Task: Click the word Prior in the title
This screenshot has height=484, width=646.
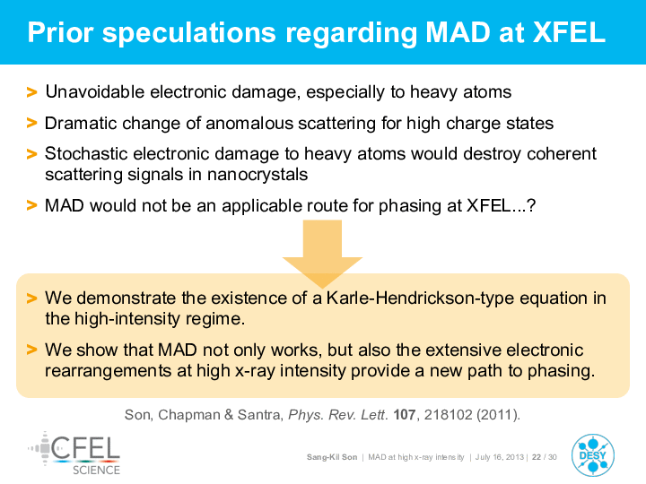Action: [60, 32]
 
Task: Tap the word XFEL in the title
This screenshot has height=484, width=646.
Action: [569, 32]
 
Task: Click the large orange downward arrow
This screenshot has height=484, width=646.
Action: [322, 254]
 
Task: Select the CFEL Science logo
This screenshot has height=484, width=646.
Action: [74, 454]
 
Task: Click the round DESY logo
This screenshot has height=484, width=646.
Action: [593, 455]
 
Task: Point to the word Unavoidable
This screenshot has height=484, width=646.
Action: [95, 91]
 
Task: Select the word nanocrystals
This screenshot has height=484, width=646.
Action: [258, 175]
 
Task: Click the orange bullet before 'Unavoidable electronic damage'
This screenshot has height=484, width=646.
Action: [31, 91]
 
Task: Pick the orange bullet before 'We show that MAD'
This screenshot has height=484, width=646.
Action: [31, 350]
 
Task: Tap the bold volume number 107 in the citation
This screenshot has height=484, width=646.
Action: [404, 414]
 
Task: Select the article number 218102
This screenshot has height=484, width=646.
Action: [449, 414]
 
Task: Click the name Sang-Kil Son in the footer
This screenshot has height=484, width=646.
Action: [332, 457]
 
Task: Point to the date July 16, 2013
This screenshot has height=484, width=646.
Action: [500, 457]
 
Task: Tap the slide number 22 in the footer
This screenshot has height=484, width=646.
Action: [537, 457]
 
